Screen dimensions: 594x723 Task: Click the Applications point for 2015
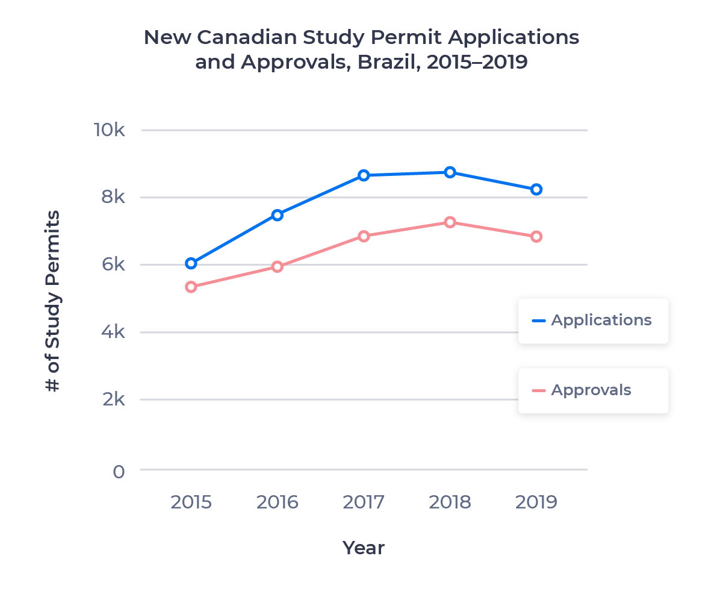(x=191, y=263)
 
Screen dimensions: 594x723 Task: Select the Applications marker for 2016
(x=278, y=215)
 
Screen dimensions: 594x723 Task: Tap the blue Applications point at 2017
(x=364, y=175)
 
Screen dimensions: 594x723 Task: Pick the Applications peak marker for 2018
(x=450, y=172)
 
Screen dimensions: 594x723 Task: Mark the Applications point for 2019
(x=536, y=189)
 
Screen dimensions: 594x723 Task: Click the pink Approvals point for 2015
(x=191, y=287)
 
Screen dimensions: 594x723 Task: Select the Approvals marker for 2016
(x=278, y=266)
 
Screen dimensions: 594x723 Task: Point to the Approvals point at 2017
(x=364, y=236)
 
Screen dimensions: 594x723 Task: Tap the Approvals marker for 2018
(x=450, y=222)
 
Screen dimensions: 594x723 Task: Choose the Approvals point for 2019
(x=536, y=237)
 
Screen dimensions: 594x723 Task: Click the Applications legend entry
(x=592, y=320)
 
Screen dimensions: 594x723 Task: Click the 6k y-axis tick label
(x=112, y=265)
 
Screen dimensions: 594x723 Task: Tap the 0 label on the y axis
(x=119, y=471)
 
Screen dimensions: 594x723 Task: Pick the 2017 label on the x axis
(x=364, y=502)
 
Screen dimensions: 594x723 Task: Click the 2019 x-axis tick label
(x=536, y=502)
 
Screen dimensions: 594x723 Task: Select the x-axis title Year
(x=364, y=548)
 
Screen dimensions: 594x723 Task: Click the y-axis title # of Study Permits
(x=53, y=301)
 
